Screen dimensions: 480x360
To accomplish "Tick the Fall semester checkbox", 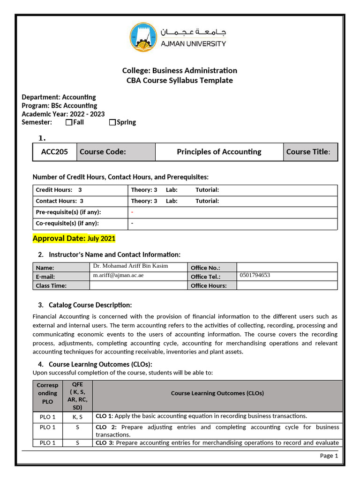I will [69, 122].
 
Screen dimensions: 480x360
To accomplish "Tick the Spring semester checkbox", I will [112, 122].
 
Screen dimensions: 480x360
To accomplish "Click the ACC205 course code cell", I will [54, 152].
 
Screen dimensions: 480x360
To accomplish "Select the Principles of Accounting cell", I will [219, 152].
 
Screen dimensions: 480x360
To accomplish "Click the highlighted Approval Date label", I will [60, 239].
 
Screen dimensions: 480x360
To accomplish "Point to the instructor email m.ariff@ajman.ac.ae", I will [118, 276].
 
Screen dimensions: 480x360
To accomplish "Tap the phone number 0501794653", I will [255, 276].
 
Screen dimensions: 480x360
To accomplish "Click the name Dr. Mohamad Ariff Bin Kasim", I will [131, 266].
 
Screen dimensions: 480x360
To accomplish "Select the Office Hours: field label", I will [209, 285].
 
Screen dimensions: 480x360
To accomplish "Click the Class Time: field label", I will [51, 285].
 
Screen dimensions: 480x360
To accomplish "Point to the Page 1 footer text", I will [329, 456].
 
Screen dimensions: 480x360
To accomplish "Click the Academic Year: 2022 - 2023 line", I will [63, 114].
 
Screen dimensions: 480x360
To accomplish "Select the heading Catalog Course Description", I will [90, 305].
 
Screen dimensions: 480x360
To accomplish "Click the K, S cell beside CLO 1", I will [77, 416].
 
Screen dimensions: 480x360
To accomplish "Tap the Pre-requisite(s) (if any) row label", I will [68, 212].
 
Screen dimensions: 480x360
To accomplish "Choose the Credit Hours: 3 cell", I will [59, 190].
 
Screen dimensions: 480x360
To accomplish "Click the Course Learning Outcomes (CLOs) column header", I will [217, 393].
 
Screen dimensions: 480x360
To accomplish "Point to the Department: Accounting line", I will [59, 97].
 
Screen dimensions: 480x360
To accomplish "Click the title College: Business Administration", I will [180, 71].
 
